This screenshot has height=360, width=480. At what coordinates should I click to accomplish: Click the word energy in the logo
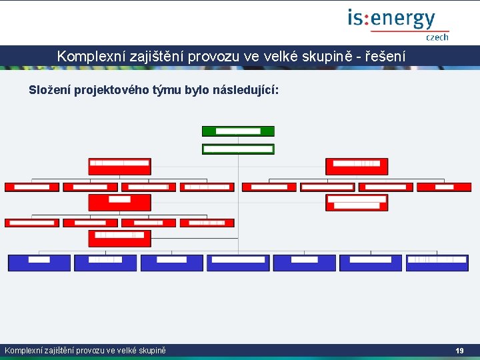tap(401, 19)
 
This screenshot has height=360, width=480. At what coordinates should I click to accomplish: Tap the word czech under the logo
tap(437, 38)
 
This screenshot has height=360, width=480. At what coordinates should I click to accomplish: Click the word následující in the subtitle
tap(244, 89)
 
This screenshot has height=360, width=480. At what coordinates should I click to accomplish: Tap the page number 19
tap(459, 351)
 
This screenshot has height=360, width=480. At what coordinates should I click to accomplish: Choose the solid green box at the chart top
tap(238, 131)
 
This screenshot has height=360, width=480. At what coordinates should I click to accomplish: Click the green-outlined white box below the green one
tap(238, 149)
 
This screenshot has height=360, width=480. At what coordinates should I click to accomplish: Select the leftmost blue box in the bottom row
tap(39, 263)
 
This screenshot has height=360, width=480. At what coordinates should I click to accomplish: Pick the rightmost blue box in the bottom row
tap(437, 263)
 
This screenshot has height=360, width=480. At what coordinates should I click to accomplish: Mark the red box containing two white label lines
tap(357, 203)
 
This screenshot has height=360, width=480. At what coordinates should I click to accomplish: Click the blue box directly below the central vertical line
tap(238, 263)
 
